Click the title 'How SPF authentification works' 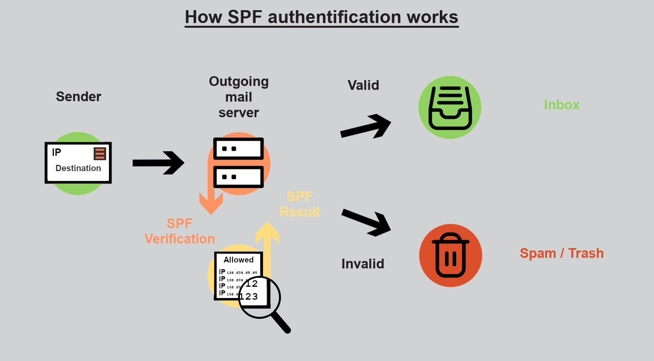coord(322,17)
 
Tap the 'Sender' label coord(78,97)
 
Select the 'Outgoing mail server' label coord(239,97)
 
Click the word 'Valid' coord(363,85)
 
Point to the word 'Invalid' coord(363,264)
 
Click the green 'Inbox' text coord(562,105)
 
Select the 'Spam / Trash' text coord(562,253)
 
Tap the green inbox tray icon coord(450,107)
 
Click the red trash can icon coord(450,256)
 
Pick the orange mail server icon coord(239,163)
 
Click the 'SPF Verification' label coord(179,231)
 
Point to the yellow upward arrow coord(267,246)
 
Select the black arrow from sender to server coord(158,163)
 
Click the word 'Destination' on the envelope coord(78,168)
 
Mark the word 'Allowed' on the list coord(238,260)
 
